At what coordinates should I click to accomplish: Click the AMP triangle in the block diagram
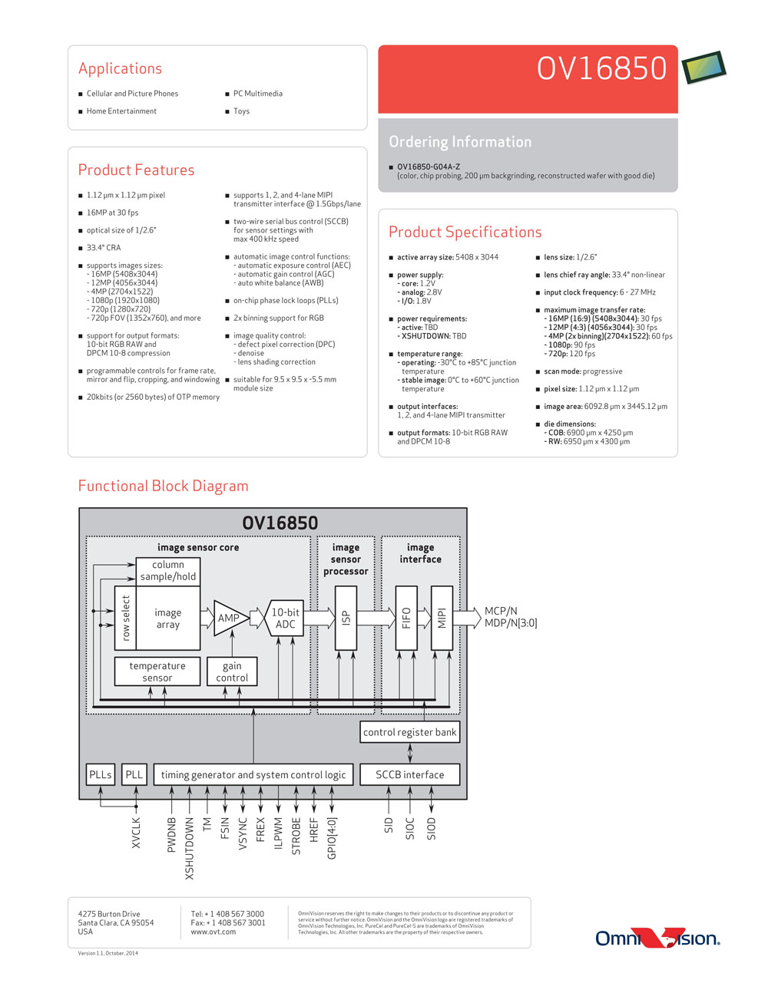[230, 618]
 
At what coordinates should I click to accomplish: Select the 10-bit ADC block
[285, 618]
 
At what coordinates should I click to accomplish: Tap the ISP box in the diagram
[346, 618]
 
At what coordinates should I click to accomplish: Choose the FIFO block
[406, 618]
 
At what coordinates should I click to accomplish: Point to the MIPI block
[442, 618]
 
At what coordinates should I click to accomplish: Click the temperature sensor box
[157, 671]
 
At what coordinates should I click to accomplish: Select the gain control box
[232, 671]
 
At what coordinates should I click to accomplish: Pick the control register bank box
[409, 732]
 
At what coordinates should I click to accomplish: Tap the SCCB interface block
[409, 774]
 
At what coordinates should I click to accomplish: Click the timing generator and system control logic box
[253, 774]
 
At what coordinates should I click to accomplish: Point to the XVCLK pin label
[136, 833]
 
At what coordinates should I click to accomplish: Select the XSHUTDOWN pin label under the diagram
[189, 849]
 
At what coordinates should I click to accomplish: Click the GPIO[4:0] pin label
[332, 839]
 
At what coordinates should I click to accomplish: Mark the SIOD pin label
[431, 829]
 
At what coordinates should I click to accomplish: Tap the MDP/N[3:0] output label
[511, 623]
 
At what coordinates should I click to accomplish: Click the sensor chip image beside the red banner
[703, 67]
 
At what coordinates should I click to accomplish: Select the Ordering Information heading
[460, 142]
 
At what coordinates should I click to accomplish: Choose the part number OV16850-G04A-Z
[429, 167]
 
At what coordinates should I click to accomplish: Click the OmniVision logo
[657, 939]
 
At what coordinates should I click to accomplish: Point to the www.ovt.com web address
[214, 932]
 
